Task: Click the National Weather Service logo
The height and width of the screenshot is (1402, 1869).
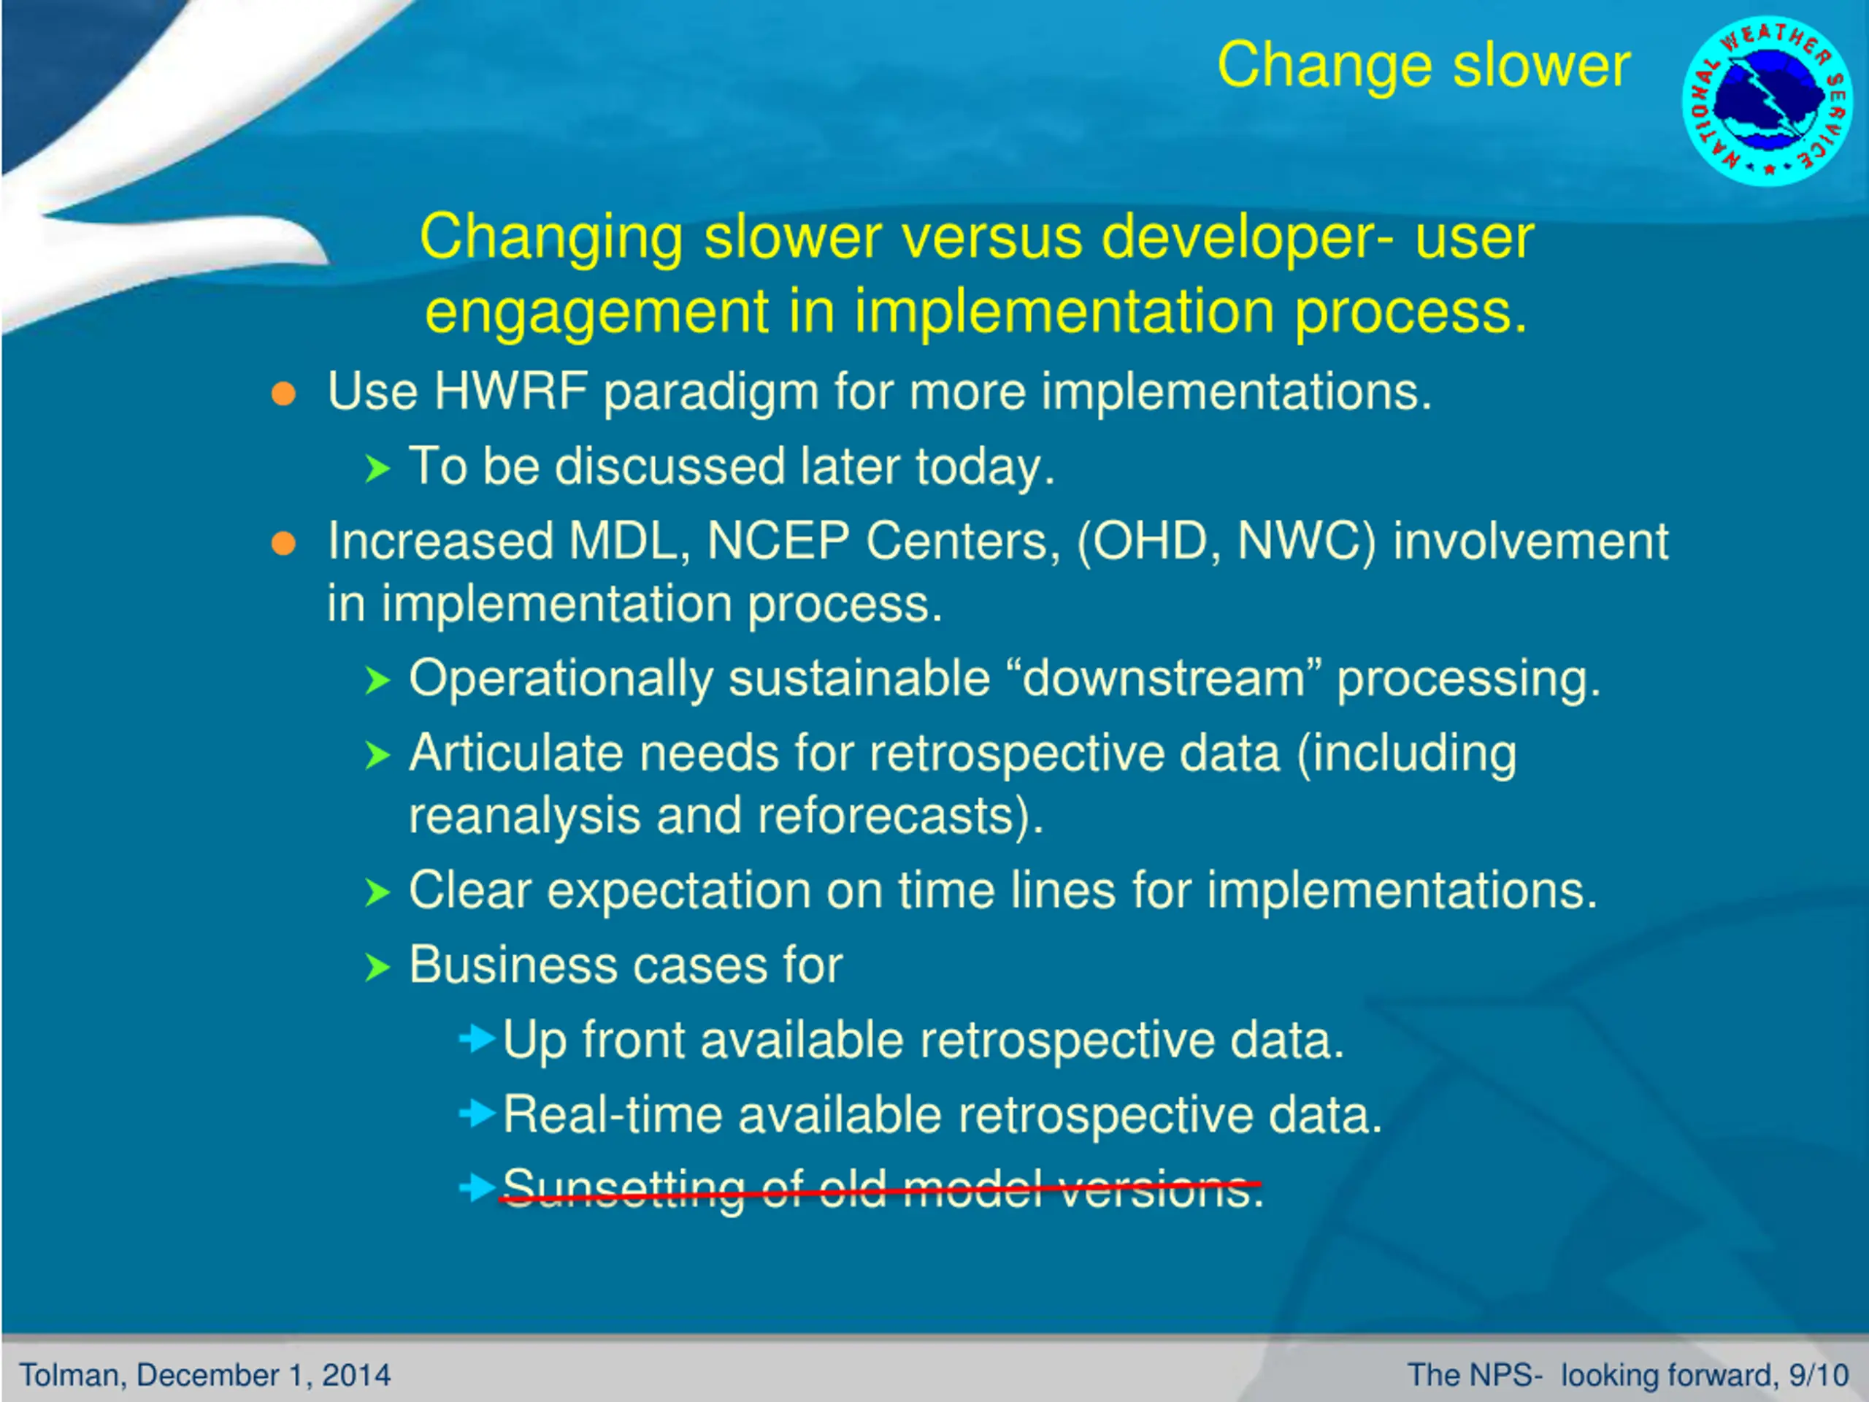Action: (x=1767, y=101)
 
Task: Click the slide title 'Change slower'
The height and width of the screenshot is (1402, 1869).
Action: (x=1424, y=65)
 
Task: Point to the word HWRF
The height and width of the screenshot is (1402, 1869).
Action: (x=510, y=391)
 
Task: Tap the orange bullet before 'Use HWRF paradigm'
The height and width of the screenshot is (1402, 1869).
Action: (x=284, y=394)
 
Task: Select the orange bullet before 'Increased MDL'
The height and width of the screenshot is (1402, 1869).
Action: (x=284, y=543)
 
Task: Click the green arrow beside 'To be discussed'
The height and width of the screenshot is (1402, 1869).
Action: (x=377, y=468)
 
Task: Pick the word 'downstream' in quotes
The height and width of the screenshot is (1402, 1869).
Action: (x=1164, y=678)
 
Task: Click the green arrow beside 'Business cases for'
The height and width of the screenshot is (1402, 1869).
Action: (x=377, y=968)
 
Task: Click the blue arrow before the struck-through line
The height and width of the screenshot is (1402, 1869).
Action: (x=477, y=1187)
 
